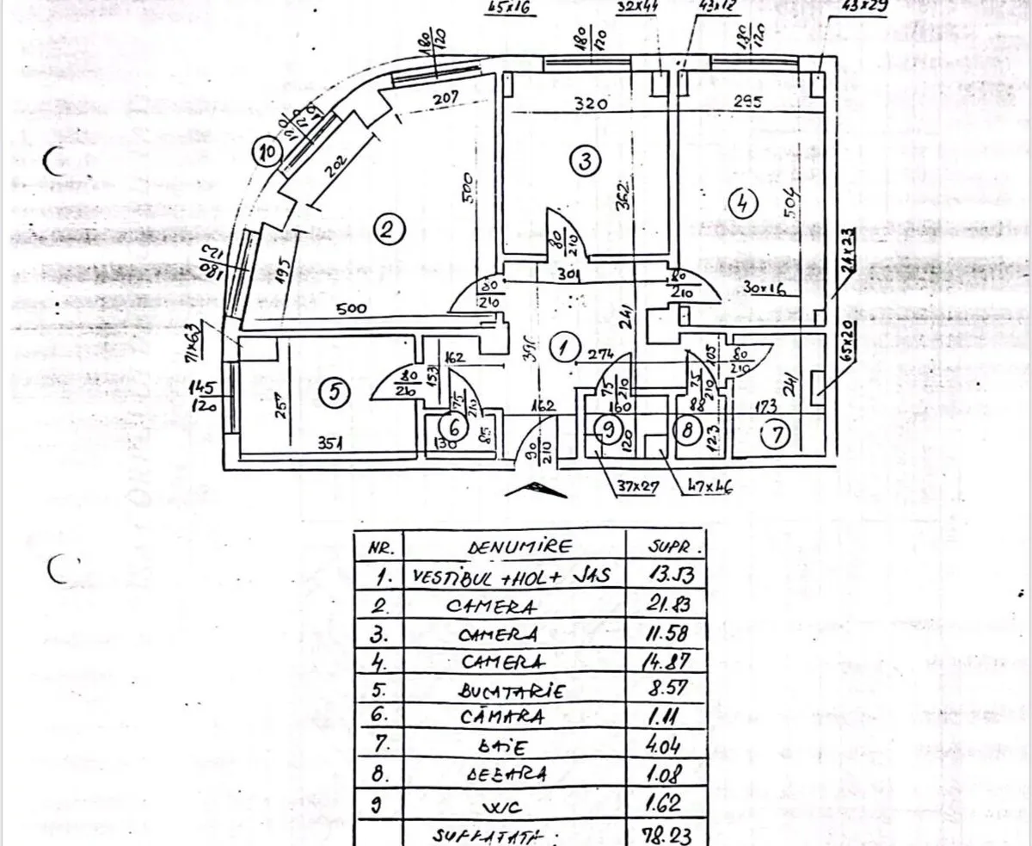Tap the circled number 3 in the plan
pos(584,161)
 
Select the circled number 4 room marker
pos(742,203)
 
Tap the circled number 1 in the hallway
pos(563,349)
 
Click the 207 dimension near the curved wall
pos(445,99)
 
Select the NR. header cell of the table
pos(380,548)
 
